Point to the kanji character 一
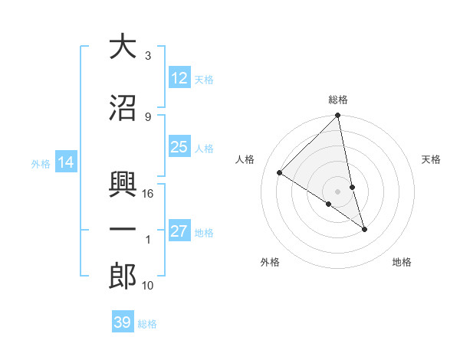pyautogui.click(x=123, y=229)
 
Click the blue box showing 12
pyautogui.click(x=179, y=78)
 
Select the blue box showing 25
pyautogui.click(x=179, y=148)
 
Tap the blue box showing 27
pyautogui.click(x=179, y=232)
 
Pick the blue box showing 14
pyautogui.click(x=66, y=162)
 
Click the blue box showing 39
pyautogui.click(x=123, y=323)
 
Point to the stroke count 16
pyautogui.click(x=149, y=194)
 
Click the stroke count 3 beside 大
pyautogui.click(x=148, y=56)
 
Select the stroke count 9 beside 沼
pyautogui.click(x=148, y=117)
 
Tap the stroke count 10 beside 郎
pyautogui.click(x=149, y=286)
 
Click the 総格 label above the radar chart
pyautogui.click(x=338, y=100)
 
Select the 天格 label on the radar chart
pyautogui.click(x=431, y=159)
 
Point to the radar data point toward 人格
pyautogui.click(x=280, y=172)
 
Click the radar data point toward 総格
pyautogui.click(x=338, y=116)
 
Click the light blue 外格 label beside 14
pyautogui.click(x=41, y=163)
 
